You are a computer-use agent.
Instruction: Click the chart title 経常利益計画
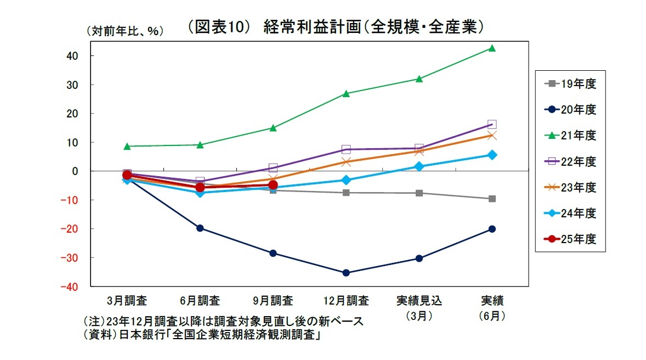click(336, 27)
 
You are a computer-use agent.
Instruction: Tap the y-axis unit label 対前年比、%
click(124, 31)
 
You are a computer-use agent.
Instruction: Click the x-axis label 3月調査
click(127, 301)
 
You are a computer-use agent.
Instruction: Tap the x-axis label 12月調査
click(347, 301)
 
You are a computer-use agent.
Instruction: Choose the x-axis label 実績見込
click(419, 301)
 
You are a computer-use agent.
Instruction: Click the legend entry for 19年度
click(570, 84)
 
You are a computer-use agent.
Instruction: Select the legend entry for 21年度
click(570, 135)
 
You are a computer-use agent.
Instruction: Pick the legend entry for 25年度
click(570, 239)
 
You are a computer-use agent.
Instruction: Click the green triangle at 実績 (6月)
click(492, 48)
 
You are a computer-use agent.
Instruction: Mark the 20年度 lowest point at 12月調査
click(346, 273)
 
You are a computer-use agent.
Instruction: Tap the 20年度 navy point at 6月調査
click(200, 228)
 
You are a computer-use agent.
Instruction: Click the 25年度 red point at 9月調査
click(273, 185)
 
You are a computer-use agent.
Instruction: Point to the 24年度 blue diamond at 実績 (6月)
click(492, 155)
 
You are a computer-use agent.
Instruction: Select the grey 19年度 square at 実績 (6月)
click(492, 199)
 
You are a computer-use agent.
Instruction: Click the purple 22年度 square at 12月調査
click(346, 149)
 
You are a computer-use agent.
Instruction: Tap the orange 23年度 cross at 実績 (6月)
click(492, 136)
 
